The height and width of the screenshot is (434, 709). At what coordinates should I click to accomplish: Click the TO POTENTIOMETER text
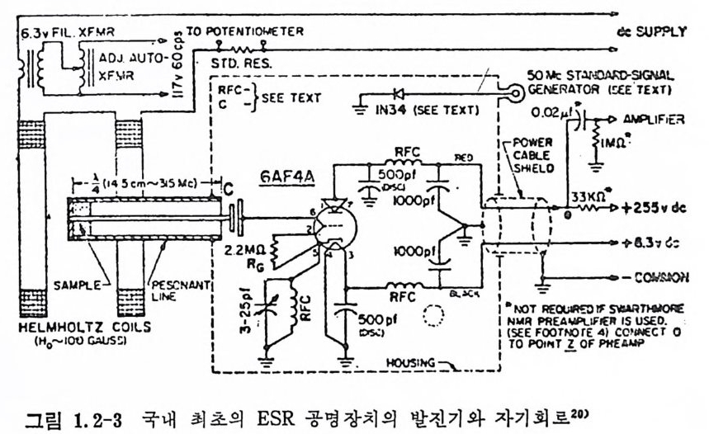pyautogui.click(x=245, y=31)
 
